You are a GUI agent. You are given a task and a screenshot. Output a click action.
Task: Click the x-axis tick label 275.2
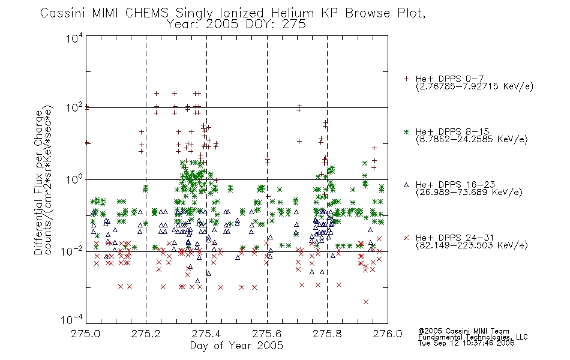tap(146, 334)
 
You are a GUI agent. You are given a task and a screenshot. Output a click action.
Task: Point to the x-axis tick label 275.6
tap(267, 334)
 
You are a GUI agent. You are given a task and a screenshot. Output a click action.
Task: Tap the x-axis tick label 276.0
tap(388, 334)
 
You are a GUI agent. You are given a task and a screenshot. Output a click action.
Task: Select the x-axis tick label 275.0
tap(86, 334)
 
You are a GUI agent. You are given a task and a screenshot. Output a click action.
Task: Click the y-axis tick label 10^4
tap(74, 38)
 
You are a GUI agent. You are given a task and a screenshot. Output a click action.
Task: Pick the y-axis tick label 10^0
tap(74, 179)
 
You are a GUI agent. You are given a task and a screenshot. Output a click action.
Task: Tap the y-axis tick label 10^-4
tap(72, 319)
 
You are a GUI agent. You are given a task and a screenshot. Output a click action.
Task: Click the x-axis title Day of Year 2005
tap(236, 346)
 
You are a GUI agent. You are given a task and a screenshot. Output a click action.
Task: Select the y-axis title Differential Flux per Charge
tap(38, 182)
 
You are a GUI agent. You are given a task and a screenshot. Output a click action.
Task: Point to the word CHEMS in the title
tap(147, 13)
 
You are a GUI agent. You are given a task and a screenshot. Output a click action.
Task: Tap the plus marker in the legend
tap(406, 79)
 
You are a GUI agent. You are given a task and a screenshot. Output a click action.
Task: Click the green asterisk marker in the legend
tap(406, 131)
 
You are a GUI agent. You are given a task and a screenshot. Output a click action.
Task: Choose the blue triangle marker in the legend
tap(406, 185)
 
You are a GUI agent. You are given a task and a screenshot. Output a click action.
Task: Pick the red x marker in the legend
tap(406, 238)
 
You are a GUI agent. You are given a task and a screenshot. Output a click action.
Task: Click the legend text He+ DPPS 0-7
tap(449, 79)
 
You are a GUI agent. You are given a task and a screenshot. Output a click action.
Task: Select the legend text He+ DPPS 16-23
tap(455, 185)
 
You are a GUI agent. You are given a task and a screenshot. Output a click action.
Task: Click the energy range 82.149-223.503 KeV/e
tap(472, 245)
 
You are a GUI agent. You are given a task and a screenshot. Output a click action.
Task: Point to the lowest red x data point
tap(366, 302)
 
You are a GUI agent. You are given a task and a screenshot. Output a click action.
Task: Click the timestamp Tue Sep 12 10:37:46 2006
tap(466, 343)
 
